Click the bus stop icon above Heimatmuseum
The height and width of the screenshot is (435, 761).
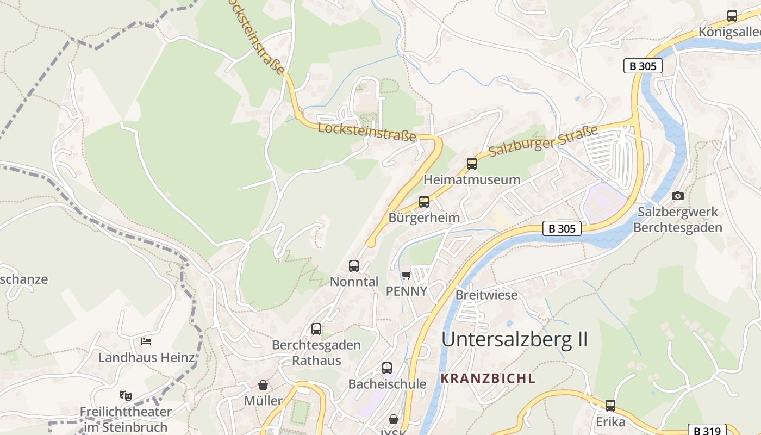472,163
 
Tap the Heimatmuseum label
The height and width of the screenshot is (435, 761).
472,179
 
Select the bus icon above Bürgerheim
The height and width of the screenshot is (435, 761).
424,202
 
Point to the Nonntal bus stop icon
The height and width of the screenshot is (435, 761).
354,266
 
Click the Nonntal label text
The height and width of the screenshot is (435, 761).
354,282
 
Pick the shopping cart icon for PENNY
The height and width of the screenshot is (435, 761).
406,276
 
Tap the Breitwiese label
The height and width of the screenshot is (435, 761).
486,295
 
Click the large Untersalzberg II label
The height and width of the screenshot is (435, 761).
514,339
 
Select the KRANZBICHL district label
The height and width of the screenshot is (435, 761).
488,378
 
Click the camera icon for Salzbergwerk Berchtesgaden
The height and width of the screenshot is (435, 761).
678,196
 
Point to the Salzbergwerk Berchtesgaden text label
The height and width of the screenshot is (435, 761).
678,220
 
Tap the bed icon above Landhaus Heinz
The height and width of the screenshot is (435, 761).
146,341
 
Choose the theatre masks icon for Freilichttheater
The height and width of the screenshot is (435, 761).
126,395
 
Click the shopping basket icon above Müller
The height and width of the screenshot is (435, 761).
263,385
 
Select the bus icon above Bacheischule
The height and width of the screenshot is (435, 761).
387,368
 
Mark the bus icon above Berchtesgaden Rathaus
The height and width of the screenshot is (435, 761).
316,329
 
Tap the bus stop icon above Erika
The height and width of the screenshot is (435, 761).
610,406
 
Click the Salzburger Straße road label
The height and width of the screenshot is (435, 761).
543,141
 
